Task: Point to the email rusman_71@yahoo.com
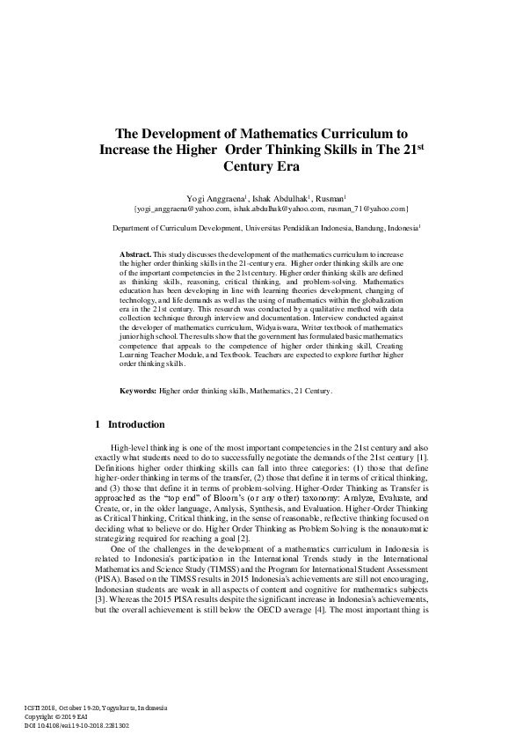[x=366, y=209]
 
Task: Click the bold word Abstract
[x=135, y=253]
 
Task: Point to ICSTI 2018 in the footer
[x=44, y=708]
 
